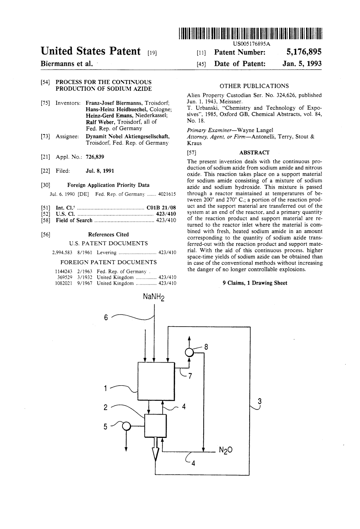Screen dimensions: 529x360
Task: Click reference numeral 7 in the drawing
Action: pos(190,376)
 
